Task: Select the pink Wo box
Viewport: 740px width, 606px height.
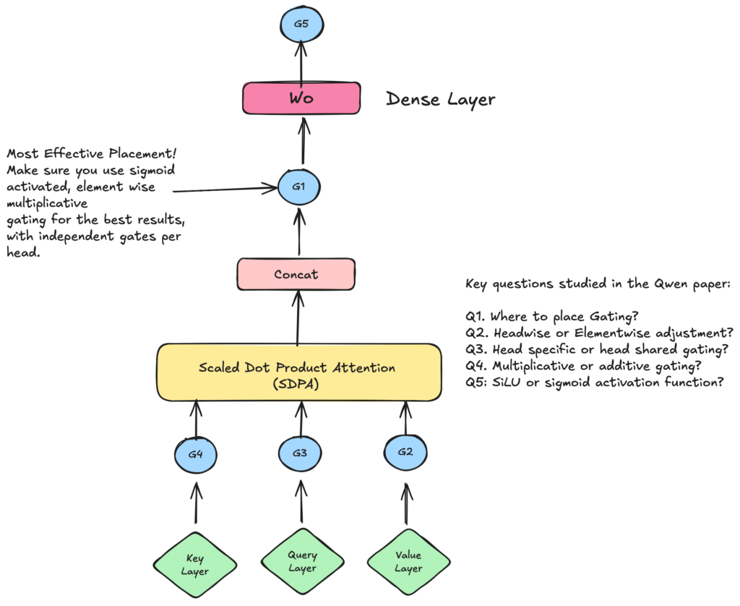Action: pyautogui.click(x=301, y=98)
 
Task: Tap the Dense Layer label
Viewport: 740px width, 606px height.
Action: pyautogui.click(x=440, y=99)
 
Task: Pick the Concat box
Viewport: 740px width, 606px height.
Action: pyautogui.click(x=296, y=275)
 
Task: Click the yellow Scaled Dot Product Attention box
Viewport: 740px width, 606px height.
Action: pyautogui.click(x=298, y=372)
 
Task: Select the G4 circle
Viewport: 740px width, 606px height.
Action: pyautogui.click(x=196, y=455)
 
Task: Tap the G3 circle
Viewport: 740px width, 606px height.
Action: pyautogui.click(x=300, y=453)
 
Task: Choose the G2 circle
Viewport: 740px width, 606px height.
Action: pyautogui.click(x=406, y=453)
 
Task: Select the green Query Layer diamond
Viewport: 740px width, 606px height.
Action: pyautogui.click(x=302, y=562)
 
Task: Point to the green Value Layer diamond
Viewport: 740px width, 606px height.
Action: pyautogui.click(x=408, y=562)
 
